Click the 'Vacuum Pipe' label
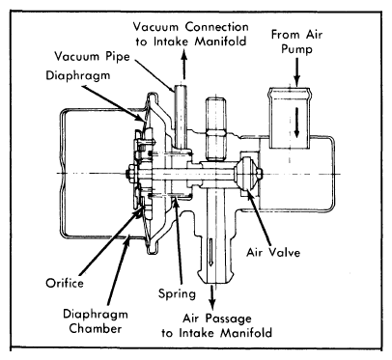point(92,56)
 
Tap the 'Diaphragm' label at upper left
point(78,75)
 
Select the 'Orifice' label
point(65,283)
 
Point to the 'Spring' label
point(177,293)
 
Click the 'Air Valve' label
point(273,252)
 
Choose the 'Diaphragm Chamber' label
point(96,321)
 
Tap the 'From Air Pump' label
point(296,42)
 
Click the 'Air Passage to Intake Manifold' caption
point(217,325)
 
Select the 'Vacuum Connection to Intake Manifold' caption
point(191,34)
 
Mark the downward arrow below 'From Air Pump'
point(296,71)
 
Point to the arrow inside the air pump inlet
point(296,123)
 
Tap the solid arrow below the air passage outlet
point(211,296)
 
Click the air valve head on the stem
point(248,174)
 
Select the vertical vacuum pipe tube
point(181,117)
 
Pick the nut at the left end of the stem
point(130,174)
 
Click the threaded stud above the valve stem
point(216,128)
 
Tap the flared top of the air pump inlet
point(291,93)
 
